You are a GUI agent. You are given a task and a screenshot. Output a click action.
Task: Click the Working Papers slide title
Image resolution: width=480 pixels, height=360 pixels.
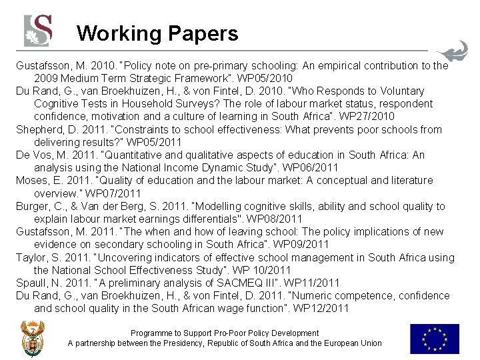pos(157,33)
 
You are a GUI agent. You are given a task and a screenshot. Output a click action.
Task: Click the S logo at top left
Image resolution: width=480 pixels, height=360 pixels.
pos(38,30)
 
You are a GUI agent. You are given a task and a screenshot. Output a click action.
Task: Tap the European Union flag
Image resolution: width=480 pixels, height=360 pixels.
pos(434,338)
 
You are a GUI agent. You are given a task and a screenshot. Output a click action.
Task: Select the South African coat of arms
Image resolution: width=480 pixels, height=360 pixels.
pos(32,338)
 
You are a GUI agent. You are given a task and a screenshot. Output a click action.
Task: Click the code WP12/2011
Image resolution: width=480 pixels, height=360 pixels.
pos(319,309)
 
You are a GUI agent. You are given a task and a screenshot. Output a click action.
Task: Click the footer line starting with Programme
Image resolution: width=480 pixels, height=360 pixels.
pos(225,333)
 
